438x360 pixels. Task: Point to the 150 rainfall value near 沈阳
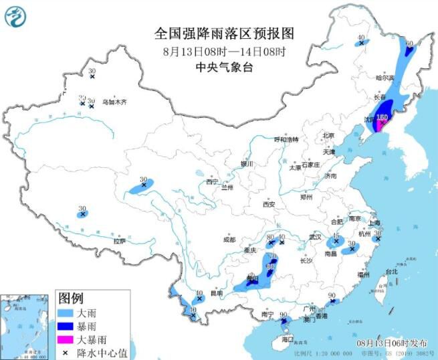point(382,117)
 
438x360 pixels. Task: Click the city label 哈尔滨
point(385,78)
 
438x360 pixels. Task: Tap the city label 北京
point(328,135)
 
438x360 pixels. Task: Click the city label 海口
point(288,339)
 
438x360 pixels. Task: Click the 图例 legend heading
point(71,297)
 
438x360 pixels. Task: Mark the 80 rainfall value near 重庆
point(271,237)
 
